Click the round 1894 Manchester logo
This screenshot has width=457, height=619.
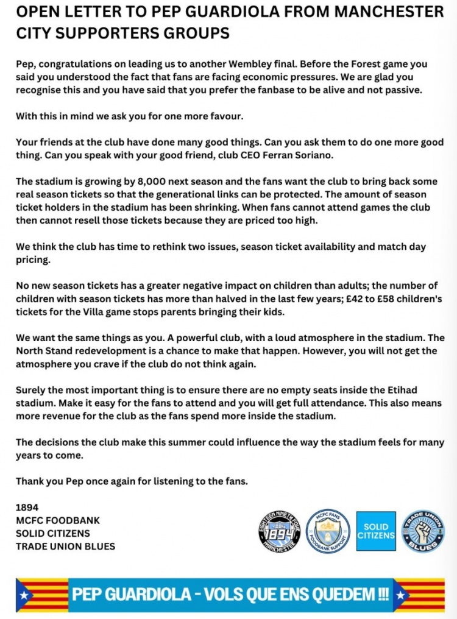pyautogui.click(x=280, y=531)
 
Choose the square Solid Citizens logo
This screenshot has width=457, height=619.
pyautogui.click(x=376, y=531)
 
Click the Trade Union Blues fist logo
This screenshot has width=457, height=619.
pyautogui.click(x=423, y=531)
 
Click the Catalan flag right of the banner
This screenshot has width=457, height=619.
pyautogui.click(x=419, y=595)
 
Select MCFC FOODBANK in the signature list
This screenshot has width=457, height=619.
pyautogui.click(x=58, y=520)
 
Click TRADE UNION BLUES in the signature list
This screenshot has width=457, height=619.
pyautogui.click(x=65, y=546)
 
